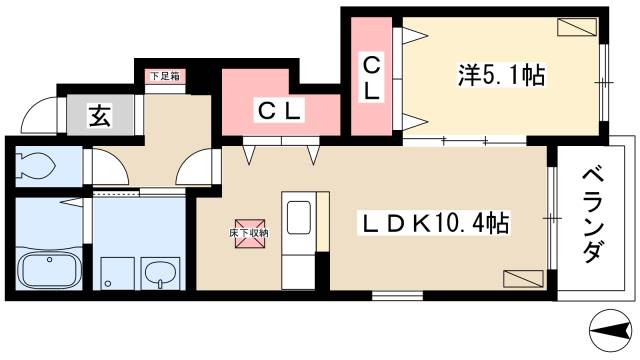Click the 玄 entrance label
tap(101, 116)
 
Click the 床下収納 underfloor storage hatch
tap(246, 231)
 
